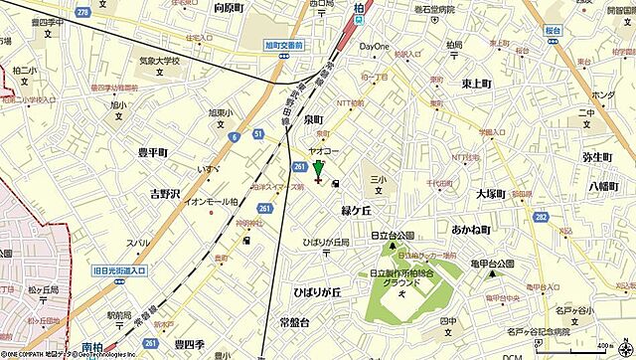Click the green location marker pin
coord(318,168)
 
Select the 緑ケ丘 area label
coord(356,211)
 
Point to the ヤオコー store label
coord(321,152)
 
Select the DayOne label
coord(375,46)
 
